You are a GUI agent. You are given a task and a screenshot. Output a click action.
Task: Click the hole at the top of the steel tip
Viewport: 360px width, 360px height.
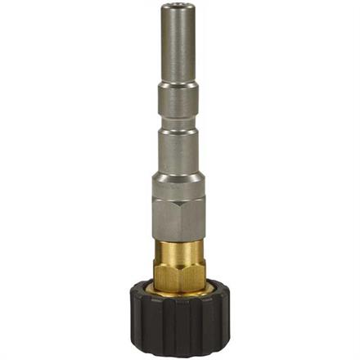[179, 11]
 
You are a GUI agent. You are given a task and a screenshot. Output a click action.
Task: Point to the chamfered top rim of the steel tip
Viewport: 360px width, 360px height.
[179, 6]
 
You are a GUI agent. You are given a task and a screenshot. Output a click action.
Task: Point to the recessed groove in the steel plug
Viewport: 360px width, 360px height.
[179, 124]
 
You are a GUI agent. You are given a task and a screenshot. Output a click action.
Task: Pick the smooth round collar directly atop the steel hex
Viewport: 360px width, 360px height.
[179, 188]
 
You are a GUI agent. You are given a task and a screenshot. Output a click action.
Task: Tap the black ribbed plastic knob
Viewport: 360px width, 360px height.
[179, 323]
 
